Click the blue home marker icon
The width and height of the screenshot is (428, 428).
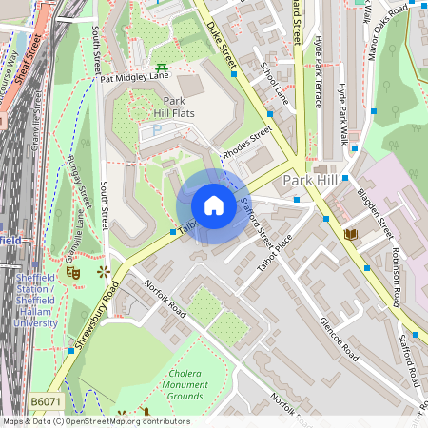213,205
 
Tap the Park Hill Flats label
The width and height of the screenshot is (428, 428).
173,108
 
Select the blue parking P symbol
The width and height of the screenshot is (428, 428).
158,128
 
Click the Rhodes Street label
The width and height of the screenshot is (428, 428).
247,142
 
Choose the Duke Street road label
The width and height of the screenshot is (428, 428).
221,43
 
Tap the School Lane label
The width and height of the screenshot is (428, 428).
275,83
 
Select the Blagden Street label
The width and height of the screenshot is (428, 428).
375,213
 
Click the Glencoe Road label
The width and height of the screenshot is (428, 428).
339,339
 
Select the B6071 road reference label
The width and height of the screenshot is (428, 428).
44,402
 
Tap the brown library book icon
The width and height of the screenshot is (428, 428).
350,233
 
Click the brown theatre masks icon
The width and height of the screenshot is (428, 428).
72,273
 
